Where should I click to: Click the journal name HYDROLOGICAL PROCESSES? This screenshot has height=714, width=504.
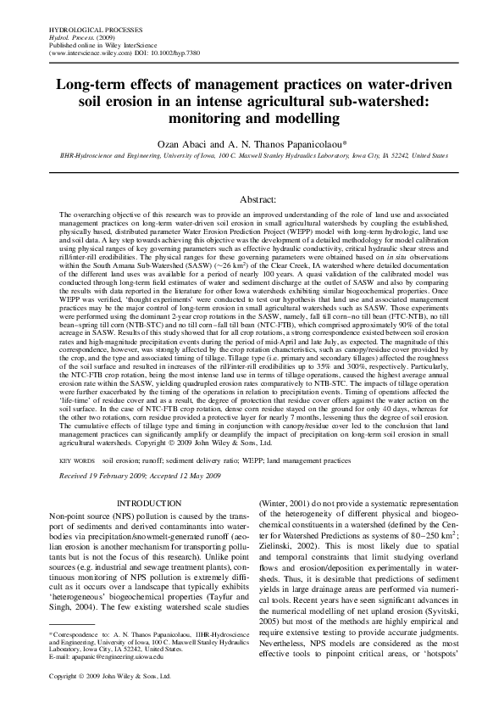point(83,29)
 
